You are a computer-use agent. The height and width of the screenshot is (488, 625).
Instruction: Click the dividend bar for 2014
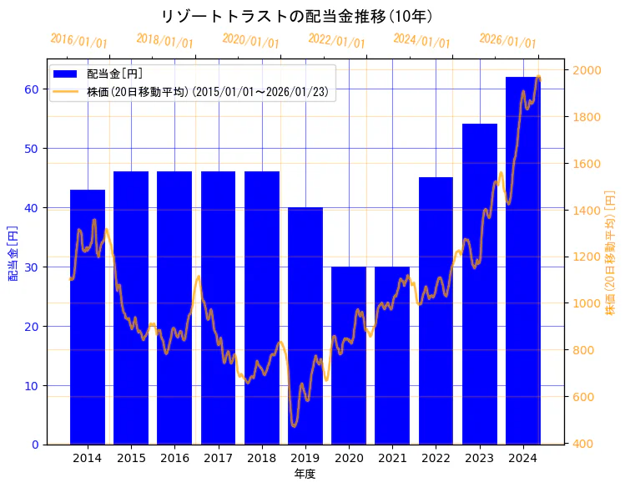[88, 318]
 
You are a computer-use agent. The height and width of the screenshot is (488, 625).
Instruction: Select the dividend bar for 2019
[305, 326]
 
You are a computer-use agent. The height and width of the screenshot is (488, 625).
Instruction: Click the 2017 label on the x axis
[218, 459]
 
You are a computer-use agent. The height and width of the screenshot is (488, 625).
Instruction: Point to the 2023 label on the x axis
[479, 459]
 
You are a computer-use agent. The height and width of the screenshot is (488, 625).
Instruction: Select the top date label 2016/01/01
[78, 41]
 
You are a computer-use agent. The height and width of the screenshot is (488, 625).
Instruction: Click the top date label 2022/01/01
[336, 41]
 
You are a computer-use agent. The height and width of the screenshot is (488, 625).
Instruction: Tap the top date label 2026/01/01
[507, 41]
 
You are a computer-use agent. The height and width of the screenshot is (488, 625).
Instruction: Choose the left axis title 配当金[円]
[13, 252]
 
